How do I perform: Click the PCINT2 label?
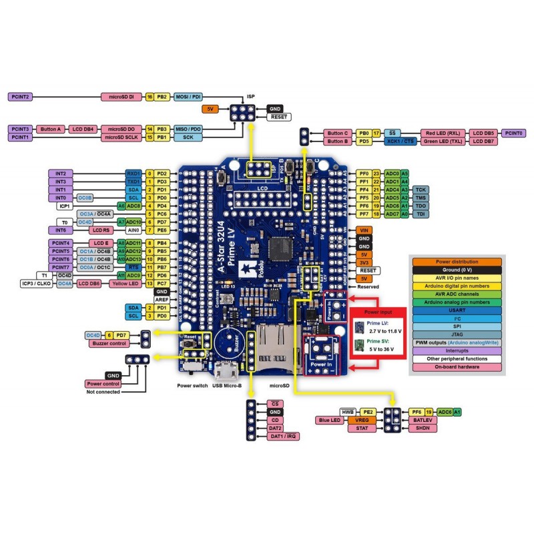[20, 97]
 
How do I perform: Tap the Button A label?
[51, 128]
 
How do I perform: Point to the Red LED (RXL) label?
[443, 133]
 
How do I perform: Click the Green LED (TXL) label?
[443, 142]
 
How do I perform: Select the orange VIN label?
[364, 230]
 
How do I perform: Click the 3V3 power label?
[364, 262]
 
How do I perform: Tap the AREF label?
[161, 300]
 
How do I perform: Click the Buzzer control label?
[109, 343]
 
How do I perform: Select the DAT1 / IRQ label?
[284, 436]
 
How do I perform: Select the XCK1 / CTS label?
[400, 142]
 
